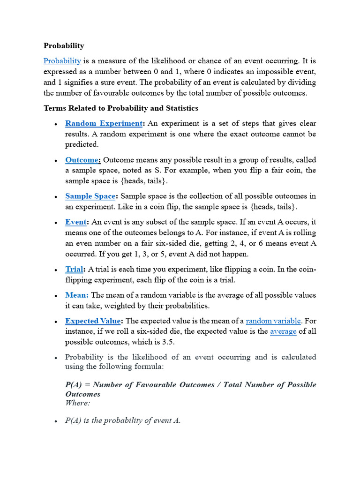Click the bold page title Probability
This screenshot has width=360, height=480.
64,45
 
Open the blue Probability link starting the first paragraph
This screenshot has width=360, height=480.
62,60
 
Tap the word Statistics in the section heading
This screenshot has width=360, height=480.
180,108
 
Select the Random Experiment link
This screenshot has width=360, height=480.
104,123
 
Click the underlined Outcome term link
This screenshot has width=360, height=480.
83,160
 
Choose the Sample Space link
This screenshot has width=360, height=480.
90,196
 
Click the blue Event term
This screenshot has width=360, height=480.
76,222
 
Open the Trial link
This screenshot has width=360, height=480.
74,269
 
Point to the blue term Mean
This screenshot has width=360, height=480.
77,295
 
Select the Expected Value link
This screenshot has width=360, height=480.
93,321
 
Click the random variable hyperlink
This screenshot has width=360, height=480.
273,321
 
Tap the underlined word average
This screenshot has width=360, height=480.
283,331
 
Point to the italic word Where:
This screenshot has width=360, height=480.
78,403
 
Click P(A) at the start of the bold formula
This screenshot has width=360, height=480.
75,385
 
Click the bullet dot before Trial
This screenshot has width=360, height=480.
56,270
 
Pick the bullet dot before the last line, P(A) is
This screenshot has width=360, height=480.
56,421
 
